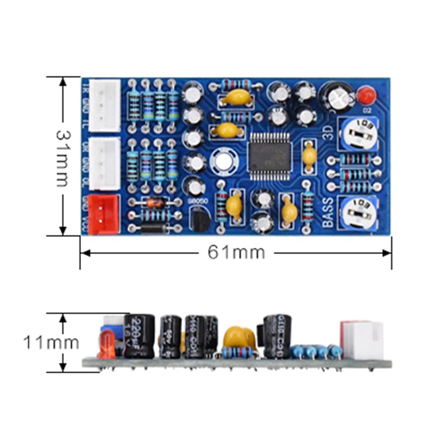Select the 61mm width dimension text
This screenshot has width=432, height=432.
click(237, 252)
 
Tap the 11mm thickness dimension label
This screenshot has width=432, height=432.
click(51, 342)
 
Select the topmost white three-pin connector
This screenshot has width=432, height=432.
click(104, 105)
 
